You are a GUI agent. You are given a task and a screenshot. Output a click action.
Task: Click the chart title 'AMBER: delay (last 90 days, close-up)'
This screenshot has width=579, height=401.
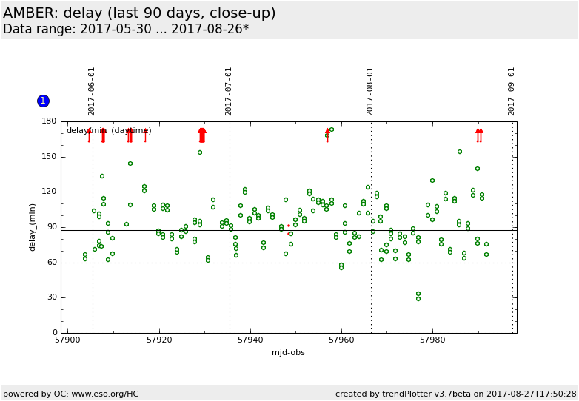(139, 13)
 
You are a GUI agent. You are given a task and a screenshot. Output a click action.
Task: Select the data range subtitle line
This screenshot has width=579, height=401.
(126, 29)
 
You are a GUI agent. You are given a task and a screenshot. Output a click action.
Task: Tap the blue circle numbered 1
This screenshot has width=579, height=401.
(43, 101)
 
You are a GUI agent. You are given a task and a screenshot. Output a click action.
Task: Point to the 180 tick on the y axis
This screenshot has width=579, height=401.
(49, 121)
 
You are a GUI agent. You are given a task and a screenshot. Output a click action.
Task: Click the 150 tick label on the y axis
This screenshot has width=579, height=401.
(49, 156)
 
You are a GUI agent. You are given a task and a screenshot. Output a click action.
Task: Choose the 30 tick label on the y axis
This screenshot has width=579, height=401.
(51, 297)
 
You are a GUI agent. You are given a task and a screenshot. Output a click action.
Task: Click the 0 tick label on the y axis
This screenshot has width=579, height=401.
(53, 333)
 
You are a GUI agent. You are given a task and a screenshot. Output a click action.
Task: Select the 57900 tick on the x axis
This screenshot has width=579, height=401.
(68, 340)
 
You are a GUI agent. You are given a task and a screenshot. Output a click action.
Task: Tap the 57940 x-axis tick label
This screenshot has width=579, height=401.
(250, 340)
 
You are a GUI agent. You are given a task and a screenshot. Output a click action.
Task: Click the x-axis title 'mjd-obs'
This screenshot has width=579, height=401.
(288, 352)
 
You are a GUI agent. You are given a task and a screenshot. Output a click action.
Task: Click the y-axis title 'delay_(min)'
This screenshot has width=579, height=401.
(33, 226)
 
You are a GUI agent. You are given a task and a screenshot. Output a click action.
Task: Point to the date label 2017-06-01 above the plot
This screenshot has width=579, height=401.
(92, 91)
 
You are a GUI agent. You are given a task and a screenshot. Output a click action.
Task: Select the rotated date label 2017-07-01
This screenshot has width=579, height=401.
(229, 91)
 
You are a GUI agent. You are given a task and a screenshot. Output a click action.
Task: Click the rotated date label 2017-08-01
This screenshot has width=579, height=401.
(370, 91)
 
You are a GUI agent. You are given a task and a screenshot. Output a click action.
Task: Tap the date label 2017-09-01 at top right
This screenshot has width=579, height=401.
(512, 91)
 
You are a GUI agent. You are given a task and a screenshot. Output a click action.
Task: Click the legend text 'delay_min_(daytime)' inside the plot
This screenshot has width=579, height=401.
(109, 131)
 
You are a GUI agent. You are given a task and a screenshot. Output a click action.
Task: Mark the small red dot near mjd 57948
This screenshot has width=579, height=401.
(289, 226)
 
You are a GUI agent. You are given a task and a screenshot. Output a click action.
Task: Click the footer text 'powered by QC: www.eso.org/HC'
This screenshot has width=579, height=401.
(71, 394)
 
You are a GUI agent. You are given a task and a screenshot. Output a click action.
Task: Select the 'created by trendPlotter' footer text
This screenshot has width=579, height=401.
(455, 394)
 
